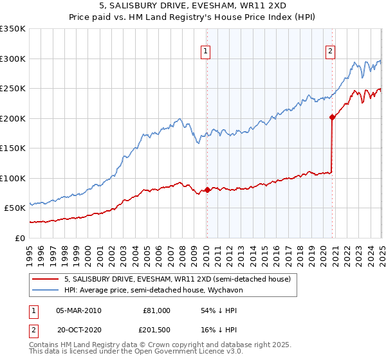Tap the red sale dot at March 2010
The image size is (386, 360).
(207, 190)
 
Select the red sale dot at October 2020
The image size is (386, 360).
(332, 117)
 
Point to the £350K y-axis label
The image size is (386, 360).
(13, 29)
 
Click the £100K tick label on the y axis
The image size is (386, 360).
(13, 178)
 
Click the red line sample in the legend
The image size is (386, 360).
(46, 279)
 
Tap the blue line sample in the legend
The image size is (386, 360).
(46, 291)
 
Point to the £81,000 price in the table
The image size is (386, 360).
(156, 310)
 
